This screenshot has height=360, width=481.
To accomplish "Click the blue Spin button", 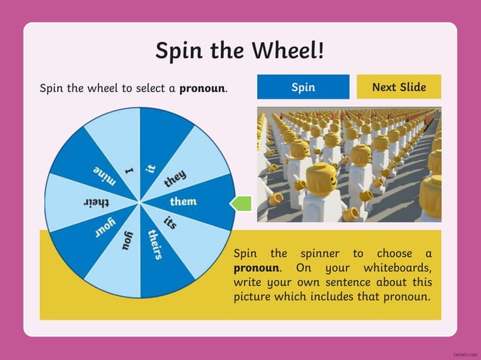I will [303, 87].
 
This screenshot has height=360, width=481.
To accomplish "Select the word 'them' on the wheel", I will [183, 202].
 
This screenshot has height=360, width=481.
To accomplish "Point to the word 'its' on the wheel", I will [170, 224].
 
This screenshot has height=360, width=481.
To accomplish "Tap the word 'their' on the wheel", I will [97, 202].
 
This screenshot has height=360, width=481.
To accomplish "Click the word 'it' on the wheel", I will [150, 169].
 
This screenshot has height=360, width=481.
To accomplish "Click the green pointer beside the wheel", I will [240, 202].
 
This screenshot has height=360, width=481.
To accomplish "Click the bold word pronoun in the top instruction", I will [202, 88].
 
